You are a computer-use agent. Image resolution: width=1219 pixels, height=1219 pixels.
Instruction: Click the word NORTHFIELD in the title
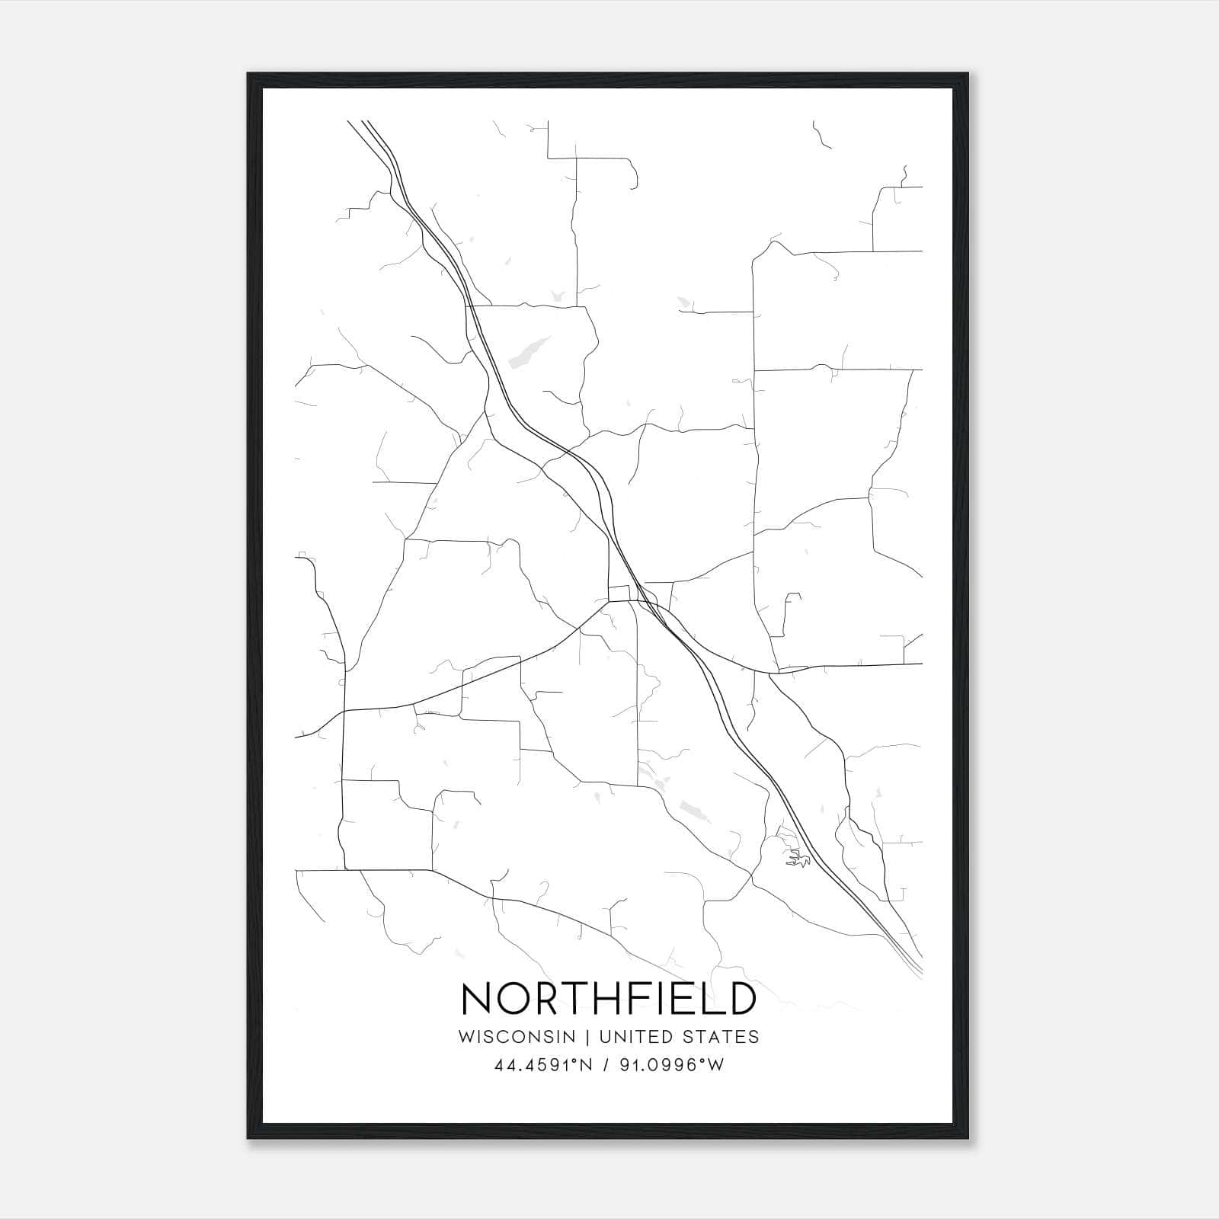tap(609, 999)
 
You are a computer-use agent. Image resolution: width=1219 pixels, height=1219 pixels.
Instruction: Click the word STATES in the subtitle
tap(720, 1036)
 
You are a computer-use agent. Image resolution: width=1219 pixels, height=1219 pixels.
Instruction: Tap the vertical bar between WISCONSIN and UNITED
tap(587, 1036)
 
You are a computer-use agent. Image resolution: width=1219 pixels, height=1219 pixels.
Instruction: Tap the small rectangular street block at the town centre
tap(619, 593)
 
